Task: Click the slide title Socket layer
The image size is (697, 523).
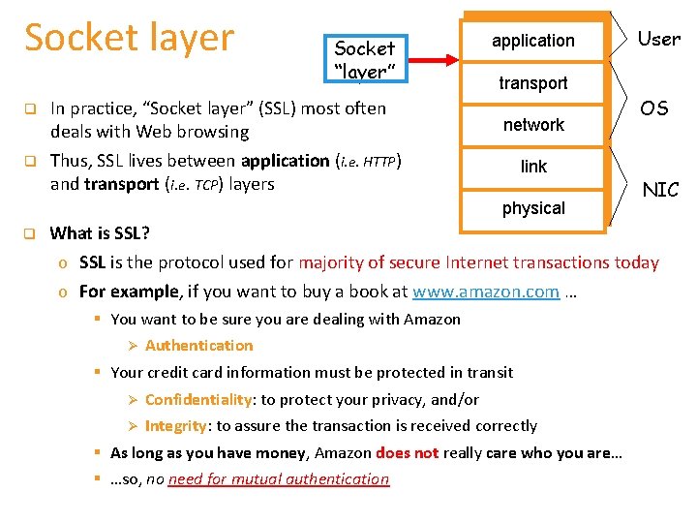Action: click(x=129, y=38)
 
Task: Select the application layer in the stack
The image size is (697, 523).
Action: click(x=532, y=41)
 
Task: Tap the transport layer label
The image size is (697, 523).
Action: click(x=532, y=83)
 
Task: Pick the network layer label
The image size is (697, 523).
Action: click(x=533, y=125)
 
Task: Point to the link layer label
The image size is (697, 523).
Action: click(x=533, y=167)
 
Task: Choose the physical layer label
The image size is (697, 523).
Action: click(x=533, y=208)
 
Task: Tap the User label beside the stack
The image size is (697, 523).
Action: click(x=658, y=40)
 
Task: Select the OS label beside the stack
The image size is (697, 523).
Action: click(x=654, y=108)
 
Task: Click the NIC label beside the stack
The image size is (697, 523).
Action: click(x=660, y=190)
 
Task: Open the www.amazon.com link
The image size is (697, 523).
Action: click(x=486, y=292)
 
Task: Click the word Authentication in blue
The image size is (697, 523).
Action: click(x=198, y=346)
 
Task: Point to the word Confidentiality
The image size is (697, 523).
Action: click(x=198, y=399)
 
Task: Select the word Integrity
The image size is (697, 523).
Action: click(x=175, y=425)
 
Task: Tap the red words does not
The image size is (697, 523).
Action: click(x=407, y=452)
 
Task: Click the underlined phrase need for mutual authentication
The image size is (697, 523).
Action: click(x=278, y=478)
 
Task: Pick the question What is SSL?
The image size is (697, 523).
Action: click(x=100, y=232)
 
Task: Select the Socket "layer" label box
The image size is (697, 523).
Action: click(x=364, y=58)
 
